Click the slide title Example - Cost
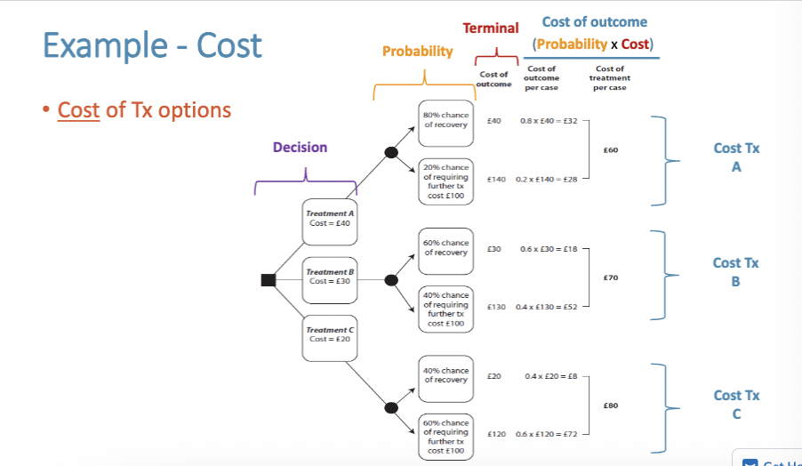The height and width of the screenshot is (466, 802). tap(151, 44)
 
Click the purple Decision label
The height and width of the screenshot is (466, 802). tap(300, 148)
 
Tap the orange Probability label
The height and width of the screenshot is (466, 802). tap(417, 52)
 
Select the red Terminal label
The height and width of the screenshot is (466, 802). tap(491, 29)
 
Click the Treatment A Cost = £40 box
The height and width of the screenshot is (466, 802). tap(329, 219)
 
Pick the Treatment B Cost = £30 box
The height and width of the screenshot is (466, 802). tap(329, 277)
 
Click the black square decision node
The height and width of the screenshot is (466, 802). tap(268, 280)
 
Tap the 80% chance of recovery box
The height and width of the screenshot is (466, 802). tap(445, 120)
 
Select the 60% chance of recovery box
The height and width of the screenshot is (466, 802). tap(445, 247)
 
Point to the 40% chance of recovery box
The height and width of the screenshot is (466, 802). tap(445, 375)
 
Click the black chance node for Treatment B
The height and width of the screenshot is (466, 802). tap(390, 280)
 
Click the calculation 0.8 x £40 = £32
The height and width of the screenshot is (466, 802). tap(549, 120)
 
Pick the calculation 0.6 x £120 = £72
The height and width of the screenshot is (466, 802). tap(549, 434)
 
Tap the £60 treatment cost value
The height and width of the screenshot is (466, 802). tap(610, 150)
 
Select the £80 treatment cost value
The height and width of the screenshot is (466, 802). tap(610, 406)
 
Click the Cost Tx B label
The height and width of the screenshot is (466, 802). tap(735, 271)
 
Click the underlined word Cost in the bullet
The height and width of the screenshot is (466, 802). tap(78, 110)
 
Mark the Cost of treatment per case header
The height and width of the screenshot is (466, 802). tap(610, 77)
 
